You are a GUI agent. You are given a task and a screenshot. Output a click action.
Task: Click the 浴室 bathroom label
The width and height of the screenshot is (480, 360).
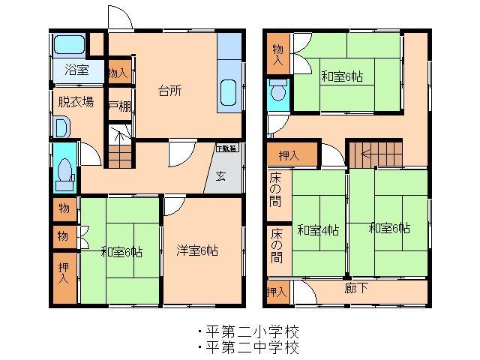(76, 70)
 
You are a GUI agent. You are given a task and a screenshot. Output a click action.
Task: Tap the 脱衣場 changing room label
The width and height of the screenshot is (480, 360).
(76, 101)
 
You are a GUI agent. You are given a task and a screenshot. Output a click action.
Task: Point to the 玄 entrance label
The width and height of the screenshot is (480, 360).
(222, 177)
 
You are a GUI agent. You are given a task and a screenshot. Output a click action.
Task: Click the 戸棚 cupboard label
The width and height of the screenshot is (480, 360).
(119, 105)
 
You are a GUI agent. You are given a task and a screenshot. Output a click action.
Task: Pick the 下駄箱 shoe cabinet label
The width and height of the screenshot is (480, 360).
(226, 148)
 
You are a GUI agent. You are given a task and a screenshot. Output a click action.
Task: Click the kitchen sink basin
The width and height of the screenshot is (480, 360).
(229, 94)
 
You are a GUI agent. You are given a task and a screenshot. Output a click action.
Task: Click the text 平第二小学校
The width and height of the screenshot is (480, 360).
(250, 331)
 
